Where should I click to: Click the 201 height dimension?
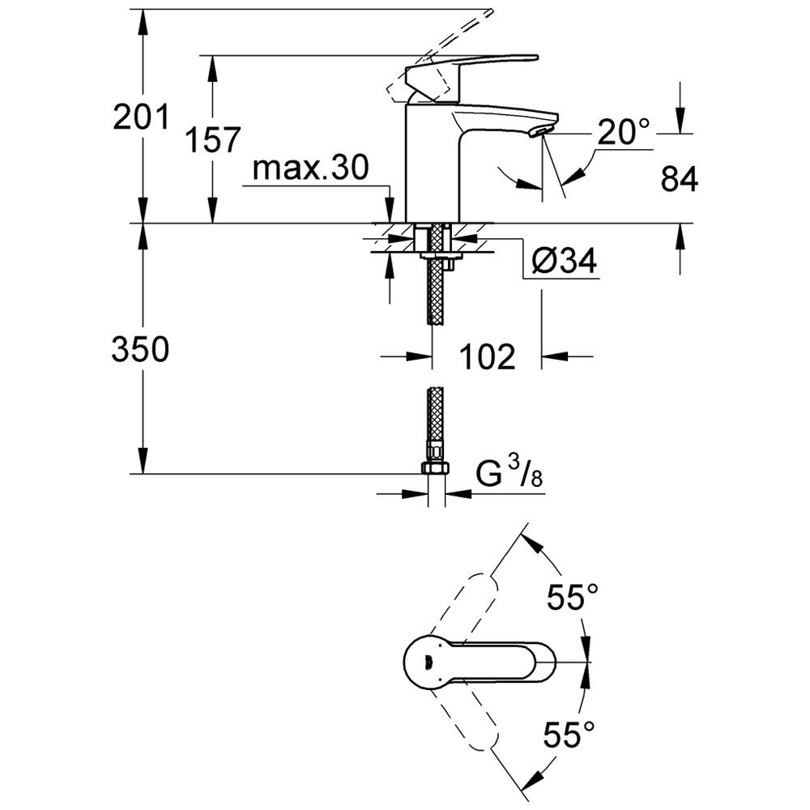coord(140,117)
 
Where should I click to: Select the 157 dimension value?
coord(213,139)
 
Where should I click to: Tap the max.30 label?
coord(311,168)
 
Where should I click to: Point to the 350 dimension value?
coord(140,348)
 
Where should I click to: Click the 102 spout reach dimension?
coord(487,356)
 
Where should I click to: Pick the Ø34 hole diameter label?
coord(564,260)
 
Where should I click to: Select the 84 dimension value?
coord(679,179)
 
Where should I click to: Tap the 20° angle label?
coord(624,132)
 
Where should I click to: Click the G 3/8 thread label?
coord(509,474)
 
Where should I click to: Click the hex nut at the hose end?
coord(436,468)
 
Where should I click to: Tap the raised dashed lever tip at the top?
coord(488,12)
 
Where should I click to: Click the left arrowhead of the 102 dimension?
coord(419,356)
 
